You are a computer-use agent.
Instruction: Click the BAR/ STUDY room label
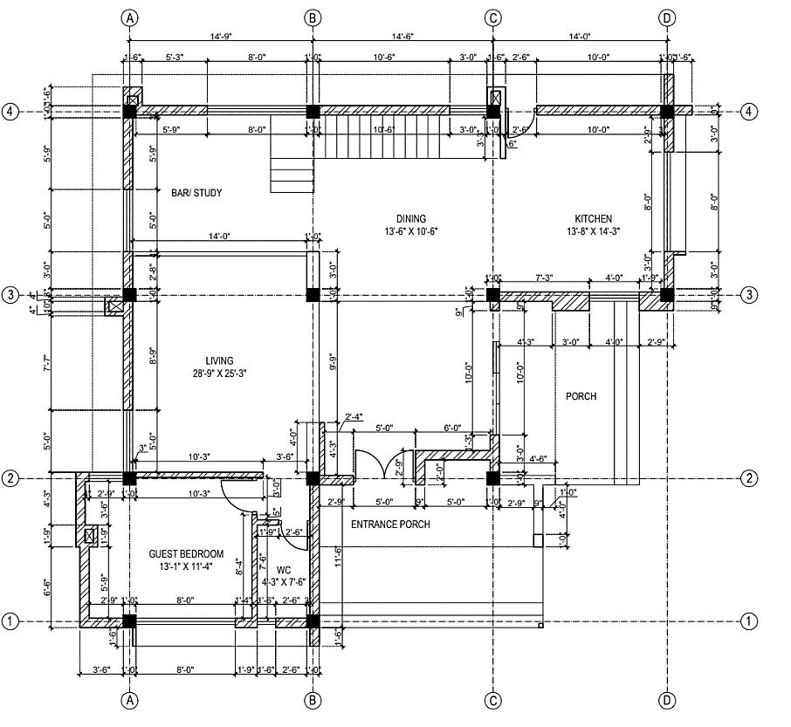(196, 193)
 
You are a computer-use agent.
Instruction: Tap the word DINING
(411, 219)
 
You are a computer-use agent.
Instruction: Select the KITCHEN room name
(593, 219)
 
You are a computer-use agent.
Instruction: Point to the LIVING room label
(219, 361)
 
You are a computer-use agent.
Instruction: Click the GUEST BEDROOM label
(186, 554)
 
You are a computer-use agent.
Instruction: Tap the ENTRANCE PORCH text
(390, 525)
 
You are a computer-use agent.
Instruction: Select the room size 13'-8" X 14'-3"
(593, 232)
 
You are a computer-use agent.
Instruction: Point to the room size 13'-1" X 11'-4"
(186, 567)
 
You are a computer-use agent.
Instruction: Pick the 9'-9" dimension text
(334, 361)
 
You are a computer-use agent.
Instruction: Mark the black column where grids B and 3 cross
(312, 295)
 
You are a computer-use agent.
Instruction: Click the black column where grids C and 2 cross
(493, 478)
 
